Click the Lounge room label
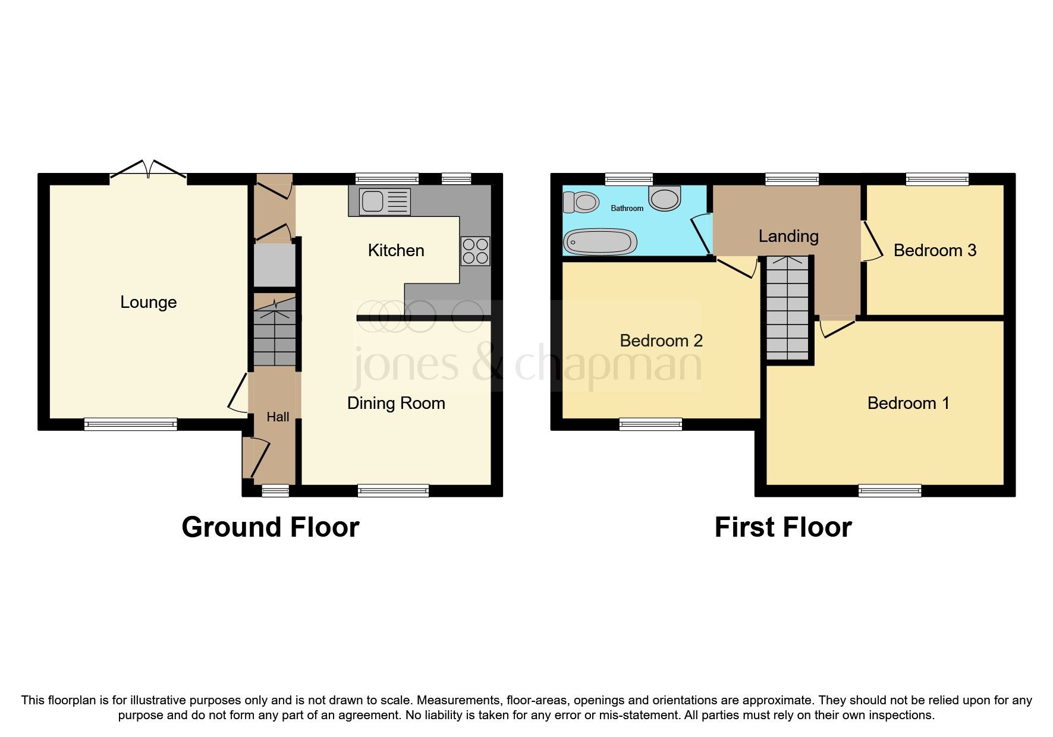click(x=148, y=302)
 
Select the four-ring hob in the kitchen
click(x=475, y=251)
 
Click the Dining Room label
click(x=396, y=403)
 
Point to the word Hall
click(x=278, y=417)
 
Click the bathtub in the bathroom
click(x=600, y=242)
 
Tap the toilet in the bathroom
click(x=581, y=202)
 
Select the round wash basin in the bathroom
click(x=665, y=199)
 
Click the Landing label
click(x=788, y=236)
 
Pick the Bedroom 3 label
click(x=935, y=250)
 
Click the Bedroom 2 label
click(x=661, y=341)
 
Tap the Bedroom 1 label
click(x=908, y=403)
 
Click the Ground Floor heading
click(x=270, y=527)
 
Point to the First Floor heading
click(x=783, y=527)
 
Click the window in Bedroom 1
click(x=889, y=490)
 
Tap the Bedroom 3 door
click(x=871, y=242)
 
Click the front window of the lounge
click(x=130, y=424)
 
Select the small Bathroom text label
click(x=627, y=208)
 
